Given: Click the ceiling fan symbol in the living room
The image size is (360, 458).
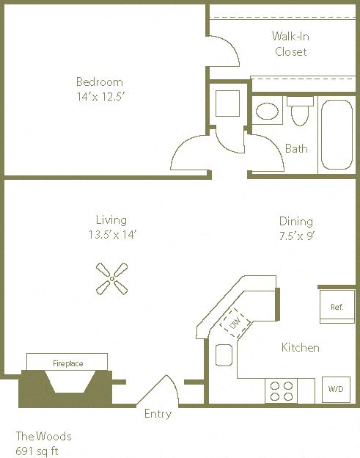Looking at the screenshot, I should [112, 278].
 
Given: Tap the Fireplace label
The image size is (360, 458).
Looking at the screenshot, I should [67, 363].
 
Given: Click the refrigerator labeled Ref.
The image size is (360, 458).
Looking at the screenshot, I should [337, 307].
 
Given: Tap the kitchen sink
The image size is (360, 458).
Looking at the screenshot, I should [224, 355].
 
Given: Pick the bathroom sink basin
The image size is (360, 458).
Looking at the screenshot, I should [267, 112].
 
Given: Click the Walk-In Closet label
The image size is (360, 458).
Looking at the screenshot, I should [290, 43].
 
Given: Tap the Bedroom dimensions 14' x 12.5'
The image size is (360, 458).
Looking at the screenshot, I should [100, 96].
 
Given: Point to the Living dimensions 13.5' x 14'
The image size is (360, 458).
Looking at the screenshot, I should [111, 235].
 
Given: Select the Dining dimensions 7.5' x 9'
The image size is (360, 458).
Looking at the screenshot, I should [295, 236].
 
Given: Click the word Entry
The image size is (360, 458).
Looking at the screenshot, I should [158, 414].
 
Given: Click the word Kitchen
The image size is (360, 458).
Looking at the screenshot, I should [301, 347].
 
